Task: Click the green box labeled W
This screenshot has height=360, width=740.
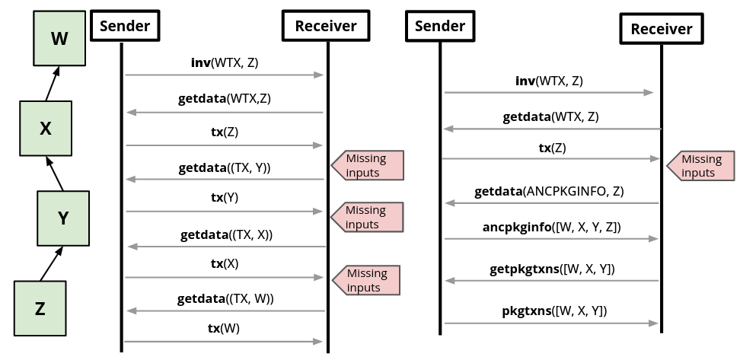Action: [59, 38]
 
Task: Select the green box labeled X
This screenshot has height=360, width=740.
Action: [46, 128]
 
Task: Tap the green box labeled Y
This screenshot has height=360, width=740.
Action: [63, 218]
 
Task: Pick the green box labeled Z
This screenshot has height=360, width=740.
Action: [40, 307]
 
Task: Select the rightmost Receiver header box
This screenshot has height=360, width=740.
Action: [661, 29]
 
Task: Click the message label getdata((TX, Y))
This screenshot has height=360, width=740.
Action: [225, 167]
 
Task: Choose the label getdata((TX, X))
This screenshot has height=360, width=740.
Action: [226, 235]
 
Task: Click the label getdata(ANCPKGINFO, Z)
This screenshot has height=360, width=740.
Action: [549, 192]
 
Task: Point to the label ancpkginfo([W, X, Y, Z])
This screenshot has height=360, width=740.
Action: [552, 227]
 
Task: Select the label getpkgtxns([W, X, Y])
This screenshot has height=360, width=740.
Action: [552, 269]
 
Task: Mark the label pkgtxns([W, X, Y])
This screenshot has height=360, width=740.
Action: [554, 311]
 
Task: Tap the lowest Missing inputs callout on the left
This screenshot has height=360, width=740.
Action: [367, 280]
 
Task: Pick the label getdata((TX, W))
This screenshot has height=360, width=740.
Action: [225, 299]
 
